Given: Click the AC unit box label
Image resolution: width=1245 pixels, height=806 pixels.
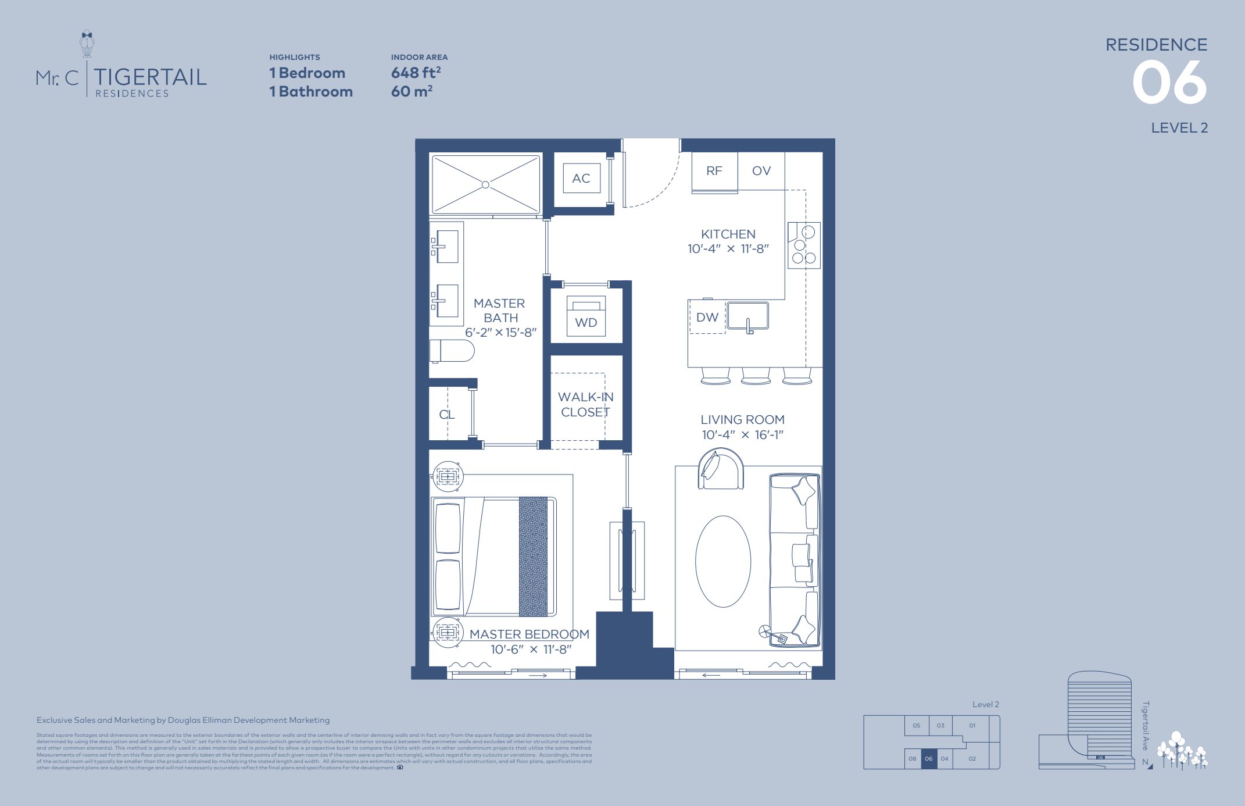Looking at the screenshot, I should (581, 179).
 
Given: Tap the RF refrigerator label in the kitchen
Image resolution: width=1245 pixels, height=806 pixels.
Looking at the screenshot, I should (714, 171).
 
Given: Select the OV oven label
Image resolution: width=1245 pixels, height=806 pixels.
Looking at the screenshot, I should (761, 171).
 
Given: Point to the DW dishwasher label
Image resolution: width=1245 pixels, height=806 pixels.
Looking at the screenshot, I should (707, 318).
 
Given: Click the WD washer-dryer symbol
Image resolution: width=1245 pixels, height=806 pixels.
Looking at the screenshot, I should (586, 317).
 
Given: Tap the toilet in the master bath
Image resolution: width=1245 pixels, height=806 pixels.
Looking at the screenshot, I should (453, 351).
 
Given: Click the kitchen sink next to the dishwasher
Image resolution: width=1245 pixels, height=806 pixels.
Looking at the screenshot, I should (747, 316).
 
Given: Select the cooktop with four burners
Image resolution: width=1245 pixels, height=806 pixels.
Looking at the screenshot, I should (804, 245).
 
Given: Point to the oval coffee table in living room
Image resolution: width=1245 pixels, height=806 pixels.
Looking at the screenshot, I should (723, 561).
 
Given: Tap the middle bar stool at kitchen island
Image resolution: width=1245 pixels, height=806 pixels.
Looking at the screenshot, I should (756, 376).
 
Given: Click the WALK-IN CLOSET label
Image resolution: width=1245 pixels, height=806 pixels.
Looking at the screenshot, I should (585, 404).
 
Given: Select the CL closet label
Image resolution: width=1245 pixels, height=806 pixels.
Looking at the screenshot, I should (446, 415).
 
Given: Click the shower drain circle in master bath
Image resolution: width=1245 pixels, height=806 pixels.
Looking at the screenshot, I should (485, 185).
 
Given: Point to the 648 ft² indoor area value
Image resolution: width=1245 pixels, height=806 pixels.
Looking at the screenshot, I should (416, 73).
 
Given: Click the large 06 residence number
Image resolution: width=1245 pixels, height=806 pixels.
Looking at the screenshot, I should (1169, 83).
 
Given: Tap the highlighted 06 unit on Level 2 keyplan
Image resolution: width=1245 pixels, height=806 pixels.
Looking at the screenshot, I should (928, 758).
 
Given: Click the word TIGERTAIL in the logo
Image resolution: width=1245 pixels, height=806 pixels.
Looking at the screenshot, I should (150, 77).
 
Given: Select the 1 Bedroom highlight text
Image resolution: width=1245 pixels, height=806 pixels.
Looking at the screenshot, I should (307, 73).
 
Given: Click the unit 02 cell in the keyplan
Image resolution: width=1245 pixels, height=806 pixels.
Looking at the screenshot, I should (972, 758).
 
